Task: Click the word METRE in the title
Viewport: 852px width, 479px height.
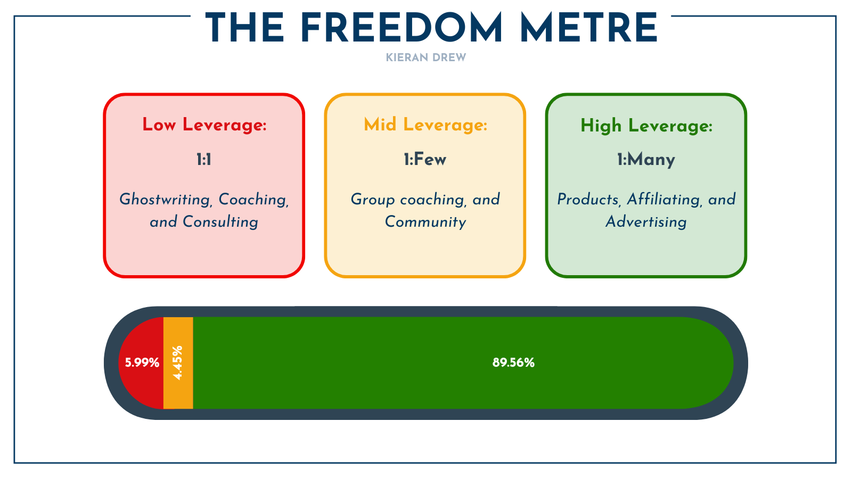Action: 589,28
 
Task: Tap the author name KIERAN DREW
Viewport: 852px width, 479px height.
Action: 426,57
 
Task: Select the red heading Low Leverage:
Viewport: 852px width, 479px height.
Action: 204,125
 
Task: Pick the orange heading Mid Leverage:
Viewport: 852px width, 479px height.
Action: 425,125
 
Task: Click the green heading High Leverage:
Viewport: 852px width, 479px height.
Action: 646,126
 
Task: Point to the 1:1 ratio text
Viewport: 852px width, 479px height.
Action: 204,159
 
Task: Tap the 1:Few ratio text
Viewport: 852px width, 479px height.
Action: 425,159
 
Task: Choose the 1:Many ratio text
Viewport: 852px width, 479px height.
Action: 646,159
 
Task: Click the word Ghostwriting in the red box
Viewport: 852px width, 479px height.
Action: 165,200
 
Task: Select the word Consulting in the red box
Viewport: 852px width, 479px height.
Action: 220,221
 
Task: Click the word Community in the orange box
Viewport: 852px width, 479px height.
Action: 425,221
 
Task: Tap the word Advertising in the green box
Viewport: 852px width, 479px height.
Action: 646,221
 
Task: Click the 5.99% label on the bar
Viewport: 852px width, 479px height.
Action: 142,363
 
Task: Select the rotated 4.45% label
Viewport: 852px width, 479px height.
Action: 178,362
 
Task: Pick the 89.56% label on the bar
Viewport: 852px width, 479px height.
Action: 513,363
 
